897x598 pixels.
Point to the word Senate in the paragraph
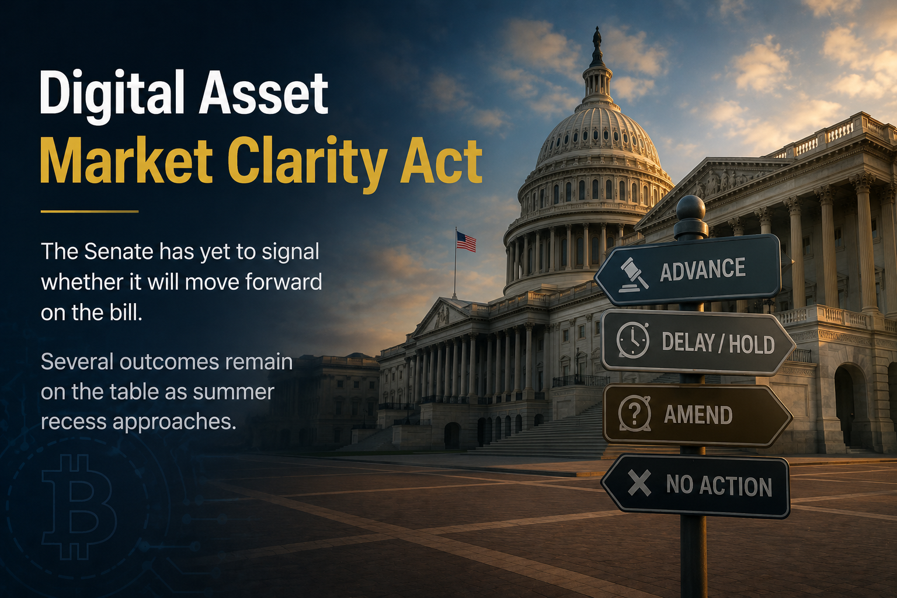pos(119,252)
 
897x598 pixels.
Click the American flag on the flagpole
pos(466,242)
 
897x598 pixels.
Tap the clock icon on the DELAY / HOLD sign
pos(632,340)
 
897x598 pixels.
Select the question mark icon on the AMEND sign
pos(634,414)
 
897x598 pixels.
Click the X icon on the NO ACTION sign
pos(639,483)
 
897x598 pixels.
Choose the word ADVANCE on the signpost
pos(703,269)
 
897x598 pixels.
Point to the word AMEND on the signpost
pos(698,415)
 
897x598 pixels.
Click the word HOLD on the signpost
pos(752,344)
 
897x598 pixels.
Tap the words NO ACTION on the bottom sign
pos(719,485)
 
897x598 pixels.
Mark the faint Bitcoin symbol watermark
pos(79,507)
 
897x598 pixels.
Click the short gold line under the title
pos(90,211)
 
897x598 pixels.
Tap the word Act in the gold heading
pos(441,161)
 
